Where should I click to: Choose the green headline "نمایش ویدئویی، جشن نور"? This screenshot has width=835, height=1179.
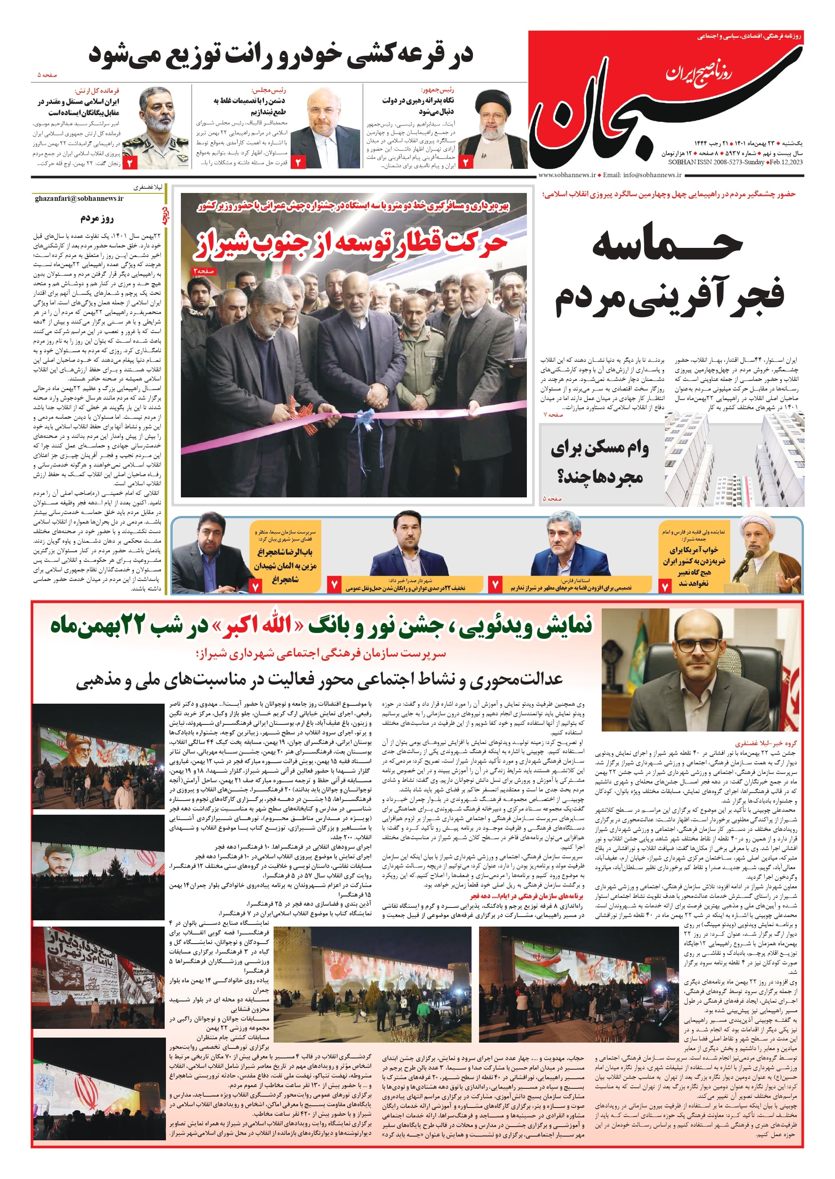321,626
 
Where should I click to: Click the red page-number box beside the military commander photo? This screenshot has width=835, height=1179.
130,163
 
